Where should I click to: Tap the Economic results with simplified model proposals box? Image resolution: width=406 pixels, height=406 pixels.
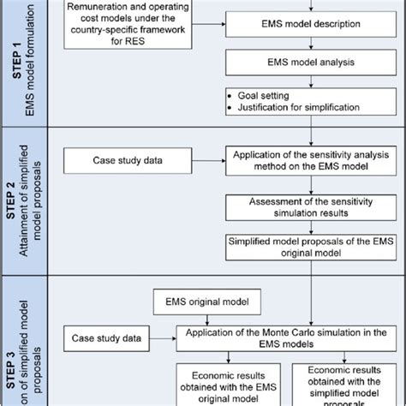pyautogui.click(x=343, y=384)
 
